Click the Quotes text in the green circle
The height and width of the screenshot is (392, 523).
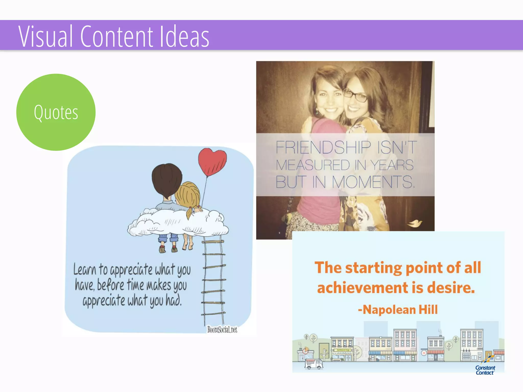tap(56, 113)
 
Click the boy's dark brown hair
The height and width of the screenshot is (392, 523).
tap(167, 179)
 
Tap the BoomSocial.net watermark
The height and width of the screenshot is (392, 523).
tap(222, 329)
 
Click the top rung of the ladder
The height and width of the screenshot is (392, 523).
tap(213, 241)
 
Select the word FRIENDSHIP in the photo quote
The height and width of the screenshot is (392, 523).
tap(323, 147)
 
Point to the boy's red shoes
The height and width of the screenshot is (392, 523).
tap(168, 249)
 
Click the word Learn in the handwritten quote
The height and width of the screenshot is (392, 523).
tap(85, 269)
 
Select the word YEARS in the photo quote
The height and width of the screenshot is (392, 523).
tap(392, 165)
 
